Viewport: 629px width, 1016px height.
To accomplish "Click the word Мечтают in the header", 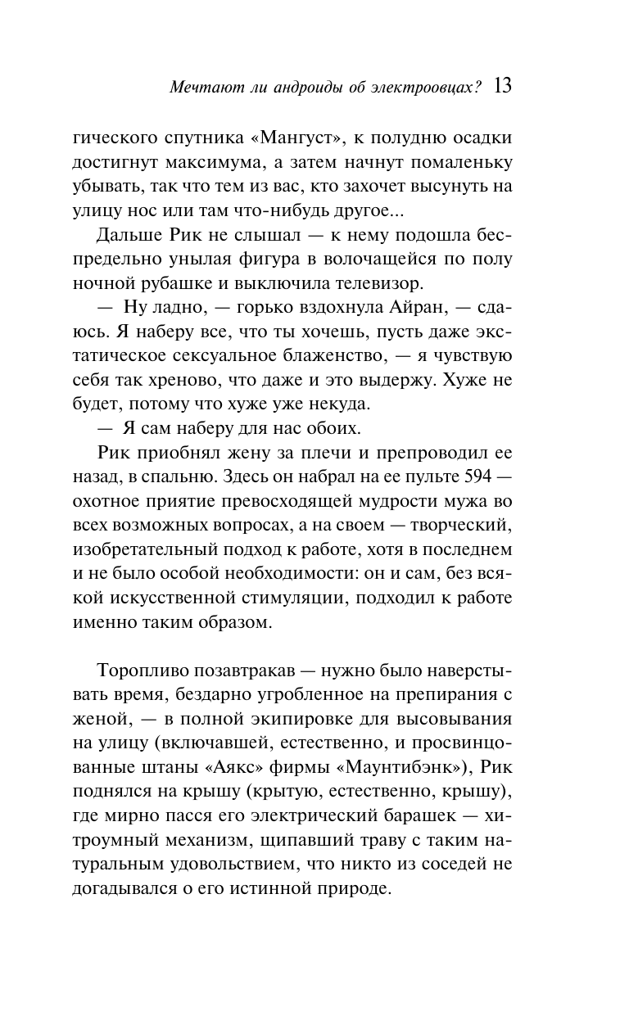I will coord(199,88).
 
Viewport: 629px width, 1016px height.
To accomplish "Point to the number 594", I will coord(479,476).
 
